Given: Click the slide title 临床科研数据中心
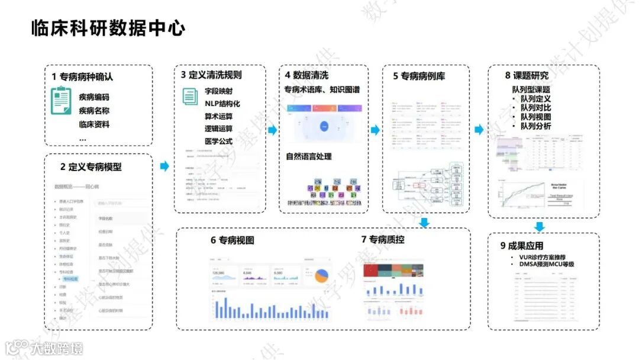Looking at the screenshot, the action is [x=108, y=28].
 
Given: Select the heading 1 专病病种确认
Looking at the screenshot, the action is [x=82, y=77].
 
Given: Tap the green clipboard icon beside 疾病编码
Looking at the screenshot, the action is [x=61, y=101].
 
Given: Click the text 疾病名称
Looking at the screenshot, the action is [x=94, y=111].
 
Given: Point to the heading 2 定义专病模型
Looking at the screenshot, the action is [x=91, y=167].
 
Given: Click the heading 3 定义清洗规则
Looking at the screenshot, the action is [x=211, y=75].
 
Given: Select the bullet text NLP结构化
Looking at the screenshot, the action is [x=222, y=104].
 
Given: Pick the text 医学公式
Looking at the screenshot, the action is [x=218, y=142].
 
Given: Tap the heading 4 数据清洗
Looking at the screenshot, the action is [x=306, y=75].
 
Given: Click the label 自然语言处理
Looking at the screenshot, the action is [x=309, y=157].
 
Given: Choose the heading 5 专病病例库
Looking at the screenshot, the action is [x=419, y=76].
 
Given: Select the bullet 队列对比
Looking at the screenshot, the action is [x=535, y=108].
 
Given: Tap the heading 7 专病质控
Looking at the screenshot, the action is [x=383, y=240].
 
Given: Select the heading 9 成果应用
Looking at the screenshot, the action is [x=521, y=246].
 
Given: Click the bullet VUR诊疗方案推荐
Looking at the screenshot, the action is [x=546, y=258].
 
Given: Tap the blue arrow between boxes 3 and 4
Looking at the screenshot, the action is [x=272, y=130].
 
